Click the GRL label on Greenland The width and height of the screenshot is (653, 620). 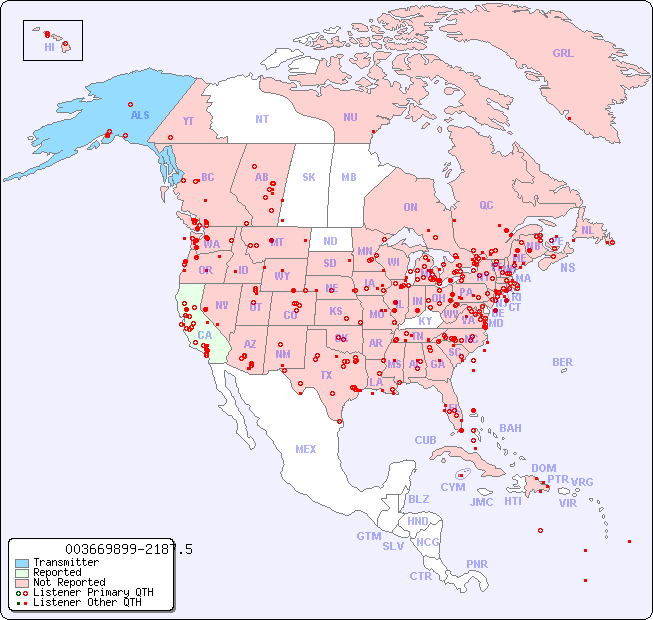[x=563, y=54]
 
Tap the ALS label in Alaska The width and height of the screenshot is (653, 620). [x=140, y=115]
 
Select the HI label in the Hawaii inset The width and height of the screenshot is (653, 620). [x=49, y=47]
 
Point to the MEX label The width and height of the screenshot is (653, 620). [x=306, y=449]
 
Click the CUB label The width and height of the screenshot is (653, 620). [x=425, y=440]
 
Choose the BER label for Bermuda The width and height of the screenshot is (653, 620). [x=562, y=362]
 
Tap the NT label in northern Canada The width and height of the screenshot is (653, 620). [x=261, y=119]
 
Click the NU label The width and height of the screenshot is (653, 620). [x=350, y=117]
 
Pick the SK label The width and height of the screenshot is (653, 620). [x=309, y=177]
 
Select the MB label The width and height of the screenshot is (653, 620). [x=349, y=177]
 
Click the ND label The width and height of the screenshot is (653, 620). [x=330, y=241]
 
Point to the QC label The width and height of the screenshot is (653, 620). [x=486, y=205]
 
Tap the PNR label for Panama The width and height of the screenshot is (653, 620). [x=477, y=564]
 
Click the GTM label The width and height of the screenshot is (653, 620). [x=368, y=536]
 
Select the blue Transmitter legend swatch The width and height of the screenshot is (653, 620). [x=22, y=563]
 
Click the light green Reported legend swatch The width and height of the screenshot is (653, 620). [x=22, y=573]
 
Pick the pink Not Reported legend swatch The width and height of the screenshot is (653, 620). [x=22, y=582]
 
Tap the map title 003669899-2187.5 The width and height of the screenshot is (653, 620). [x=128, y=549]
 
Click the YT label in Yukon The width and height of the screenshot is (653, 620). [x=188, y=120]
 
